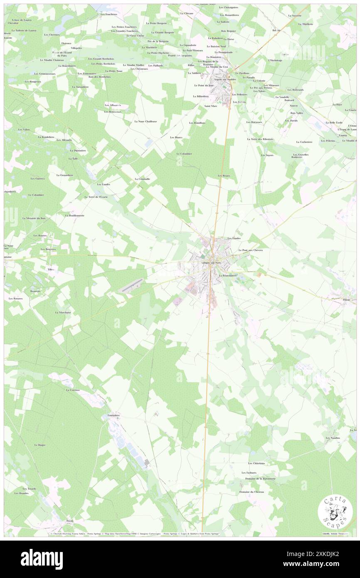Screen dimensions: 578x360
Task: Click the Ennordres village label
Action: point(111,415)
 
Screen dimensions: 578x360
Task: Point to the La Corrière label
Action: point(73,390)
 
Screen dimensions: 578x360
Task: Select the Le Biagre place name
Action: point(39,445)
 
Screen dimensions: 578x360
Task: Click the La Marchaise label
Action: point(63,312)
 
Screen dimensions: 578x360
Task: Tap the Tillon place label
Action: point(51,269)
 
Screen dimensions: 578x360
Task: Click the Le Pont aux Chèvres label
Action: point(250,250)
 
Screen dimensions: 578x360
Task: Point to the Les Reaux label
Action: point(224,176)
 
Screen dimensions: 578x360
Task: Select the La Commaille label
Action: point(142,179)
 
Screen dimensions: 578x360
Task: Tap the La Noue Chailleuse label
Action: point(145,121)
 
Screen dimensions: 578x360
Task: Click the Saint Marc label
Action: point(211,106)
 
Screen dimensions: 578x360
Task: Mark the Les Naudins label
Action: point(333,438)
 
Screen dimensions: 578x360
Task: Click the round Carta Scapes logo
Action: point(335,512)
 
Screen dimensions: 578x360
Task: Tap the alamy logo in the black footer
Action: point(42,559)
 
